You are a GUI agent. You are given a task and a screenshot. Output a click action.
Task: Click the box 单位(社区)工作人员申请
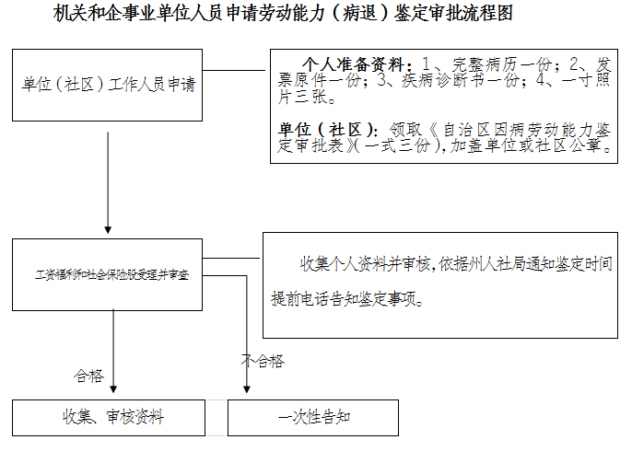[108, 86]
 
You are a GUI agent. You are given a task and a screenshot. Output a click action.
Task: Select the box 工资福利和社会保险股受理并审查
[108, 274]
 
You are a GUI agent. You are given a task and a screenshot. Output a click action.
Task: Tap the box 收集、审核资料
[108, 417]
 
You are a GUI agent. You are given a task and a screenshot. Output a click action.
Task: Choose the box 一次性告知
[314, 417]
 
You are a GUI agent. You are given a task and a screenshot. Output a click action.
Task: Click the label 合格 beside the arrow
[88, 376]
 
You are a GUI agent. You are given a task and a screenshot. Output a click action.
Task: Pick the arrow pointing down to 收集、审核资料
[113, 350]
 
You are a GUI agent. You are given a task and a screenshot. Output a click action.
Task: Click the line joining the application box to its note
[235, 68]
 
